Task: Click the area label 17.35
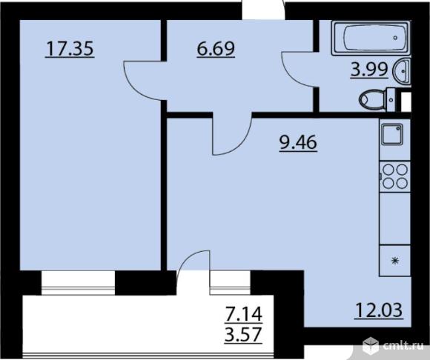pyautogui.click(x=70, y=49)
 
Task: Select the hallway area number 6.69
pyautogui.click(x=216, y=49)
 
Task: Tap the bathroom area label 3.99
pyautogui.click(x=369, y=70)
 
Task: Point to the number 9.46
pyautogui.click(x=298, y=142)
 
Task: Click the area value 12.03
pyautogui.click(x=379, y=310)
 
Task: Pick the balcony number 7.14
pyautogui.click(x=243, y=314)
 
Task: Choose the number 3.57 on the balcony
pyautogui.click(x=243, y=334)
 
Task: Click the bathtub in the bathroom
pyautogui.click(x=371, y=39)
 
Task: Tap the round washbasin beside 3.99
pyautogui.click(x=403, y=70)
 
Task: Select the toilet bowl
pyautogui.click(x=377, y=99)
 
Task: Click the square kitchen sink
pyautogui.click(x=392, y=134)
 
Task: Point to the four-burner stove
pyautogui.click(x=394, y=177)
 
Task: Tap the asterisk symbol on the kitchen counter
pyautogui.click(x=395, y=260)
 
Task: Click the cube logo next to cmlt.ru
pyautogui.click(x=370, y=345)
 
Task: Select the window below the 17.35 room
pyautogui.click(x=78, y=283)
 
